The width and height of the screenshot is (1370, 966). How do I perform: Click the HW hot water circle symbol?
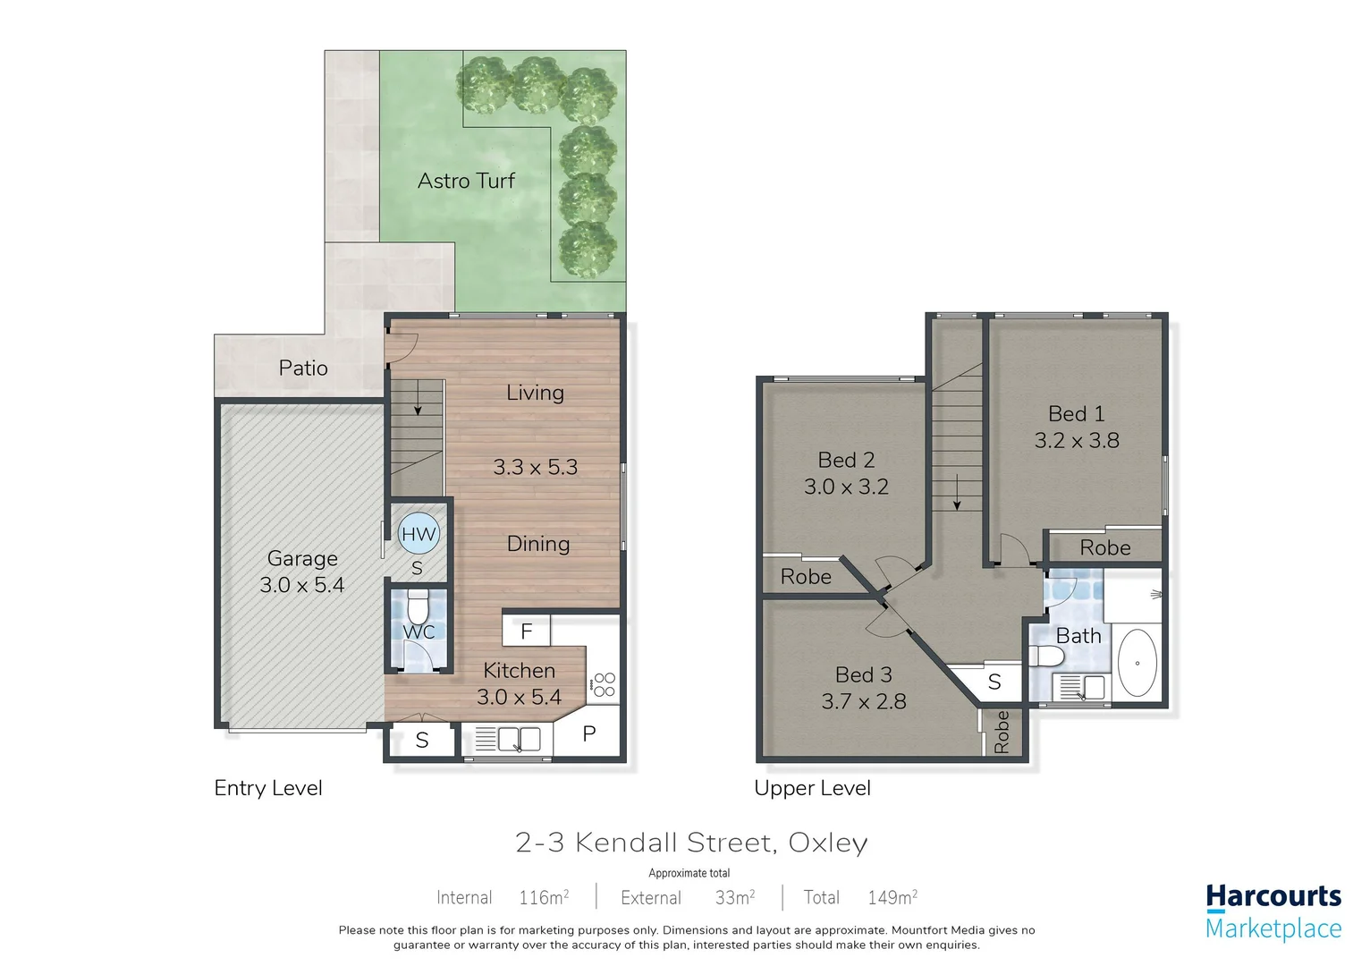click(x=418, y=535)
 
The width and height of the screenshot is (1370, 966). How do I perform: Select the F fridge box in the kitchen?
click(x=526, y=631)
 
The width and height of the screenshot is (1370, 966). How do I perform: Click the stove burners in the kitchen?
click(x=604, y=685)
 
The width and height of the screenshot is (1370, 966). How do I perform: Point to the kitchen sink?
click(x=519, y=740)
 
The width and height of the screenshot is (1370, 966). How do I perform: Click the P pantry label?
click(x=588, y=734)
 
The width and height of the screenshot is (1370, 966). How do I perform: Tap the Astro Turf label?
click(x=466, y=181)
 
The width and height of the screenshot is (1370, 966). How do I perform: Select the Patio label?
click(x=302, y=368)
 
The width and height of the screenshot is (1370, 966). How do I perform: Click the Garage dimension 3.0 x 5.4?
click(x=301, y=585)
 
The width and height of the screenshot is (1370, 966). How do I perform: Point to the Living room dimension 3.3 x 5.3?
click(x=535, y=467)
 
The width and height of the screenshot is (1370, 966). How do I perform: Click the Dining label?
click(x=537, y=544)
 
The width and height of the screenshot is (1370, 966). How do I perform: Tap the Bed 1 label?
click(x=1076, y=414)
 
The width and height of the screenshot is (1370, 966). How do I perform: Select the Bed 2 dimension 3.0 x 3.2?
click(x=846, y=487)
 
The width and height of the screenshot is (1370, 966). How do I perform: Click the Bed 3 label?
click(x=863, y=675)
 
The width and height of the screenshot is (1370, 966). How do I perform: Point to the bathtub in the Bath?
click(x=1137, y=664)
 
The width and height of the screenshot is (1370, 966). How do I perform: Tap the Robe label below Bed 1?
click(x=1104, y=547)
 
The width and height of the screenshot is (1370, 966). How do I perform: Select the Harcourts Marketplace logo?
click(x=1273, y=911)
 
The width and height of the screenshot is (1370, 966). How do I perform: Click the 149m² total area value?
click(x=892, y=897)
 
